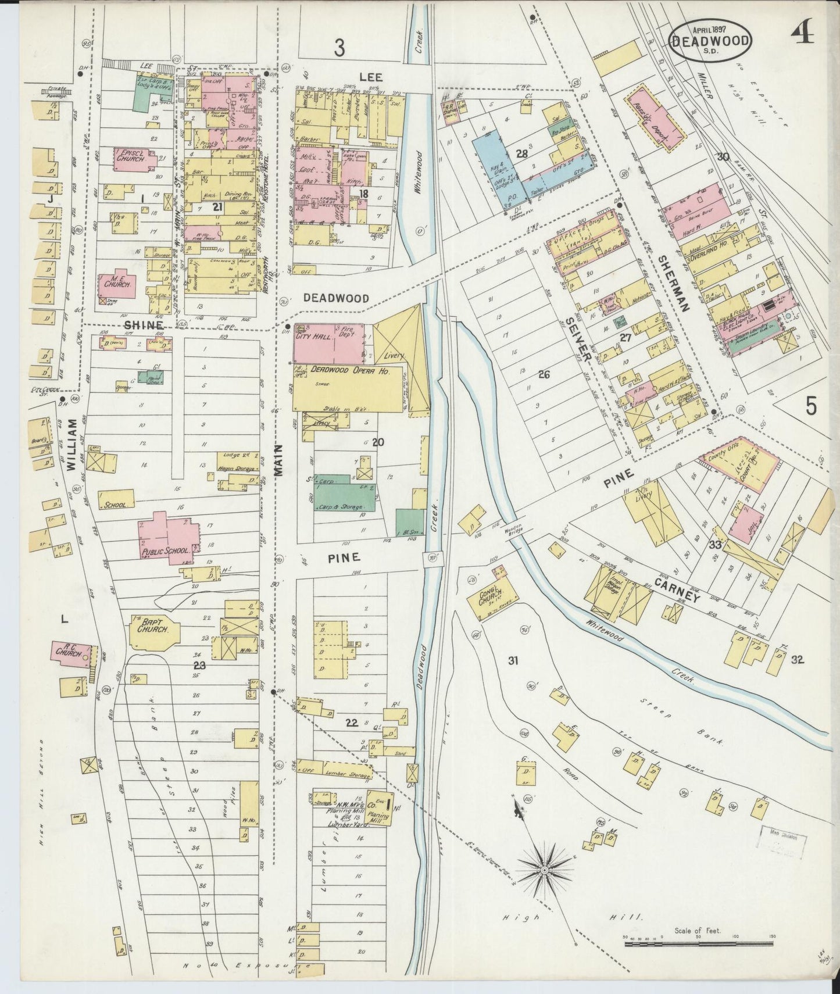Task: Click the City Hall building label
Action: pos(314,336)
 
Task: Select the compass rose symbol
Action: pos(545,870)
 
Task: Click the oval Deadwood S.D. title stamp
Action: pos(710,40)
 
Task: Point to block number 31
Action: pos(512,660)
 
